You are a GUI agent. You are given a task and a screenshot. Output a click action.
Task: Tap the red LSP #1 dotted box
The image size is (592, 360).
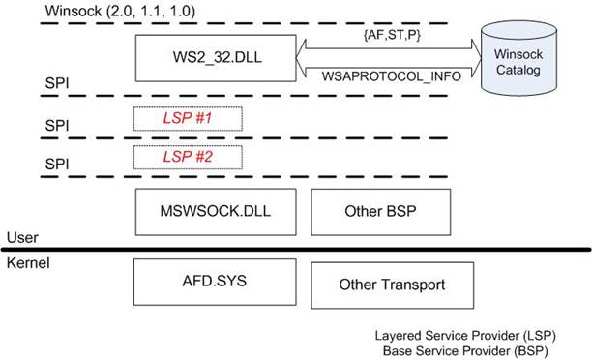(x=188, y=119)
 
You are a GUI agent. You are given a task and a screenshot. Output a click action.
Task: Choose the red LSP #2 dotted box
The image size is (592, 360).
(x=188, y=156)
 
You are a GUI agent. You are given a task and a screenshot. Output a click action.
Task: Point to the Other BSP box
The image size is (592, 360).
(x=377, y=210)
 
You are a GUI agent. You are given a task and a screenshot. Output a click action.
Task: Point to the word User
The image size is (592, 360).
(x=22, y=237)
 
